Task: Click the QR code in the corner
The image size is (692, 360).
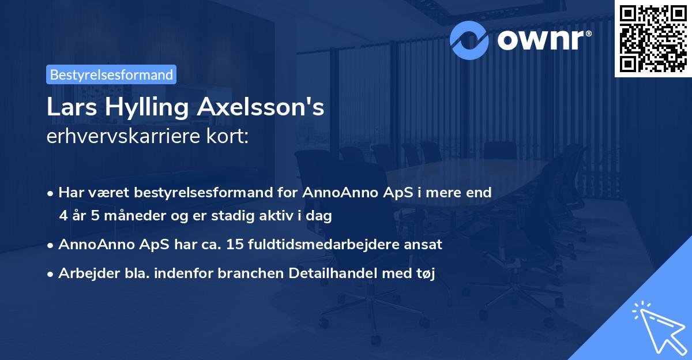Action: [652, 38]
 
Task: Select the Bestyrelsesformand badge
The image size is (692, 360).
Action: [111, 74]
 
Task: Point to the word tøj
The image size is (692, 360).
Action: [425, 273]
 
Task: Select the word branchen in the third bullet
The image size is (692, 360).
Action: [244, 273]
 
